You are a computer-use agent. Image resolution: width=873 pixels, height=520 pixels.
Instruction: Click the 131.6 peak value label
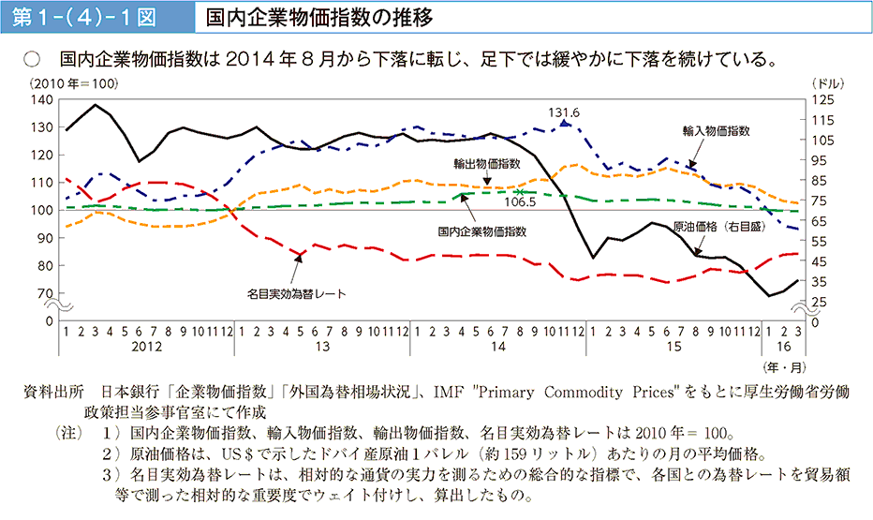(x=565, y=111)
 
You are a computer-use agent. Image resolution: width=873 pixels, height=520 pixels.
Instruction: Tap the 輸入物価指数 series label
(x=717, y=131)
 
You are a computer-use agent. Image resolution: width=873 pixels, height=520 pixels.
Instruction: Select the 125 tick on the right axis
(x=821, y=99)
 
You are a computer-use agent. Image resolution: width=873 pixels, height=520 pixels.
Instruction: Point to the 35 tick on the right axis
(x=819, y=281)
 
